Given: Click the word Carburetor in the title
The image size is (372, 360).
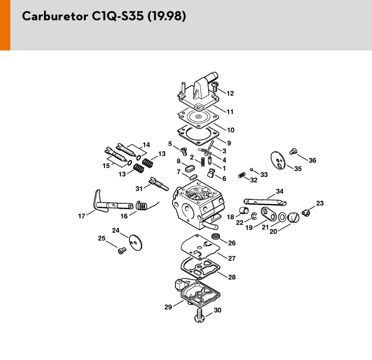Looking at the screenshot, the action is pyautogui.click(x=55, y=16).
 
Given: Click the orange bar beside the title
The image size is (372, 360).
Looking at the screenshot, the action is pyautogui.click(x=5, y=25).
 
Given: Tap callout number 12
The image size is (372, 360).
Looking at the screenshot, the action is pyautogui.click(x=230, y=93).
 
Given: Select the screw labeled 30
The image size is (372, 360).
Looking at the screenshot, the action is pyautogui.click(x=200, y=315).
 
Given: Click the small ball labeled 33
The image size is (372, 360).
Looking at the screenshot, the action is pyautogui.click(x=252, y=169).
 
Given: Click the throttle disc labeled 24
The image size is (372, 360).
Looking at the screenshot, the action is pyautogui.click(x=136, y=243).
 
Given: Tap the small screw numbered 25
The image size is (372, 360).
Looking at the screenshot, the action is pyautogui.click(x=122, y=250).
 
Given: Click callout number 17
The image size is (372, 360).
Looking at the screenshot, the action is pyautogui.click(x=81, y=216).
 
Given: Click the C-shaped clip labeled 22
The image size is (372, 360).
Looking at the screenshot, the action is pyautogui.click(x=254, y=216).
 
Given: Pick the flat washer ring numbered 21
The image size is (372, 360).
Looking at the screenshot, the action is pyautogui.click(x=282, y=217).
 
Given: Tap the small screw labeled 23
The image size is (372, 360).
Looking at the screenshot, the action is pyautogui.click(x=306, y=213).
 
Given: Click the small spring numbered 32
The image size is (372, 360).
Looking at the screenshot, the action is pyautogui.click(x=241, y=175).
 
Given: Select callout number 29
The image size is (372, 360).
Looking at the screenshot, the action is pyautogui.click(x=168, y=307).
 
